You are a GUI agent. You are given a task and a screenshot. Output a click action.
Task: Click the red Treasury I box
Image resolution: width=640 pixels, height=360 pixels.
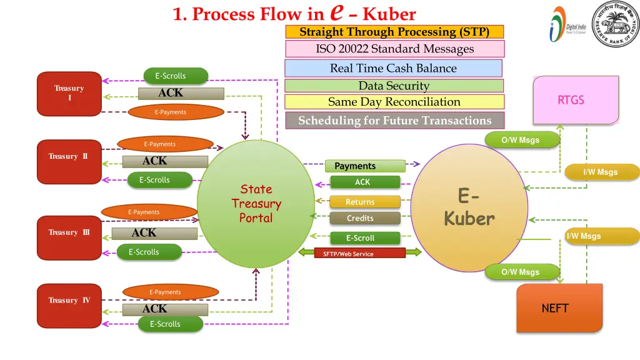tap(69, 94)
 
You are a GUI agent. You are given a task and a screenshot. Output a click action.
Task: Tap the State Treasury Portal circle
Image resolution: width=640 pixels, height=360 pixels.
tap(256, 203)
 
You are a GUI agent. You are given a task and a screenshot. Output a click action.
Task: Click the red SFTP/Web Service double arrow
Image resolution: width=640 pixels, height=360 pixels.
tap(352, 253)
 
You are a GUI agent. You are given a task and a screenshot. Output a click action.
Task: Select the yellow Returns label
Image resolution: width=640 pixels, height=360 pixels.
tap(364, 202)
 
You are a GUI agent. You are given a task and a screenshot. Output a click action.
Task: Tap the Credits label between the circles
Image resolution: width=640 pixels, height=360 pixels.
tap(364, 218)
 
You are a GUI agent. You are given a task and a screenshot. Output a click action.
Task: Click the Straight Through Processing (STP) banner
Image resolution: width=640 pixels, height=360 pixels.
tap(394, 32)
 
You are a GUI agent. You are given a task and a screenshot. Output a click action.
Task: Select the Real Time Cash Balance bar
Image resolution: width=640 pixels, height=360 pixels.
tap(393, 68)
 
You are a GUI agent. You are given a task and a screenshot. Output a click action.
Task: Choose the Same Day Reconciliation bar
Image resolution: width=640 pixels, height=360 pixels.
tap(394, 102)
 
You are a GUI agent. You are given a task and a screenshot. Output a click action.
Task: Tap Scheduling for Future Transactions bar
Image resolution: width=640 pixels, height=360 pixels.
tap(394, 121)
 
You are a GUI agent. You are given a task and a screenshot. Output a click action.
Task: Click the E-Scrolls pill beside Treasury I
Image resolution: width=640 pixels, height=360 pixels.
tap(176, 76)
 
